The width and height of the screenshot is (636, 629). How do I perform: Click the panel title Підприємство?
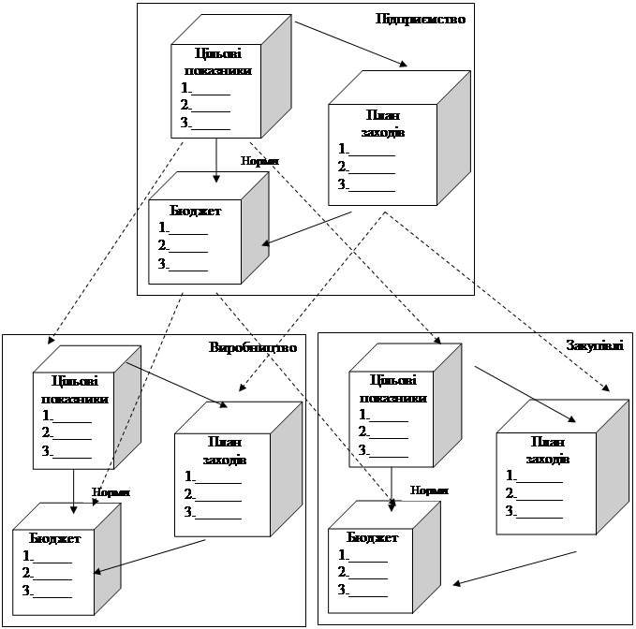420,18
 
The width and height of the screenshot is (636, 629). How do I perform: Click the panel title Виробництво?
253,347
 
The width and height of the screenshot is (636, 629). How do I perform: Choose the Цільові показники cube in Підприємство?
217,90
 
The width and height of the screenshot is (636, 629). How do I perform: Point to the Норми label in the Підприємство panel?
259,161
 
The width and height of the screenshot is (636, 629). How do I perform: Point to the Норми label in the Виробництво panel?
111,491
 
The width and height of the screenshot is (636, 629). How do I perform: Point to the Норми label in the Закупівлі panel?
429,490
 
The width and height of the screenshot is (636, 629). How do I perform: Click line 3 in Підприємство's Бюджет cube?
184,264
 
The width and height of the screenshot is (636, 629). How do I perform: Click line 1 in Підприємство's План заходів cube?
366,149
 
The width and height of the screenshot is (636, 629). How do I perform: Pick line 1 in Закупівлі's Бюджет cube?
363,555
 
